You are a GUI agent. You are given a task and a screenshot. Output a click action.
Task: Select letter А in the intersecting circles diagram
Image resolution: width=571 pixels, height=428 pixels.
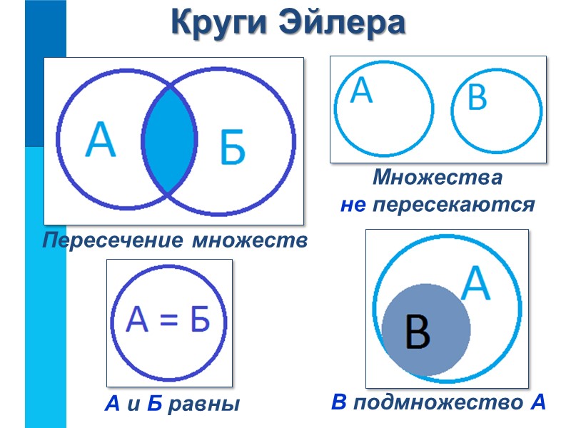(101, 140)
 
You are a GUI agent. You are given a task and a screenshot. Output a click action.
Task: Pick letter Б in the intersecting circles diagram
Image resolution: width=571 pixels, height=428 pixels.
(231, 148)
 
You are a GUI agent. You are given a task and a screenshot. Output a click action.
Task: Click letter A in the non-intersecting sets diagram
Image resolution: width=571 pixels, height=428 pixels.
(362, 91)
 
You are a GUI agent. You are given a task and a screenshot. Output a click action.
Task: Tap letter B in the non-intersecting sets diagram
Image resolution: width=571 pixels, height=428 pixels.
(477, 98)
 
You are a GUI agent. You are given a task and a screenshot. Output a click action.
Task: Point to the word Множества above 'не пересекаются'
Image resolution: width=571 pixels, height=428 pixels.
(437, 177)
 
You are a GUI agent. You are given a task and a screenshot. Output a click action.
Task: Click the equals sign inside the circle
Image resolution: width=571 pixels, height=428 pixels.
(167, 322)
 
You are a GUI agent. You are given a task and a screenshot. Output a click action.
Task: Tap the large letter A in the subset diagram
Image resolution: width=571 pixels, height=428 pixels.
(476, 284)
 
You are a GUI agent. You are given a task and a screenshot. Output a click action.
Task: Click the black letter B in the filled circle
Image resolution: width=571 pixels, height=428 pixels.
(418, 332)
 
